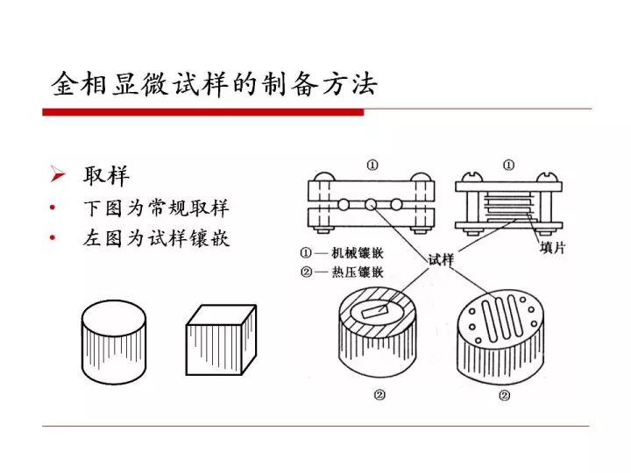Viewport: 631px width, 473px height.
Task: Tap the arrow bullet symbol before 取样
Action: [58, 175]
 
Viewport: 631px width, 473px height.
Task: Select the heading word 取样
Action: [106, 175]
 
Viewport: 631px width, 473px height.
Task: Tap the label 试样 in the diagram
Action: [440, 259]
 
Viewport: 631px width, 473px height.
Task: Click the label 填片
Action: [552, 248]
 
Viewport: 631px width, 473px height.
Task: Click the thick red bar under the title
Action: [202, 111]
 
